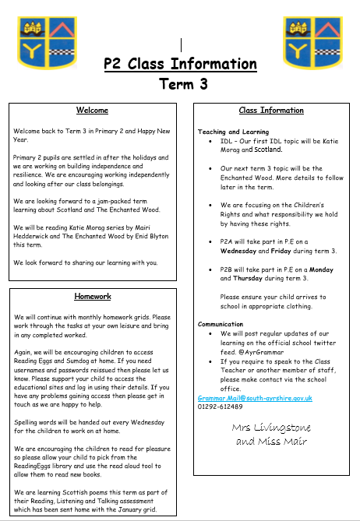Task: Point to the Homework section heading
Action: pyautogui.click(x=92, y=297)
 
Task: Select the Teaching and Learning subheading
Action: pyautogui.click(x=234, y=132)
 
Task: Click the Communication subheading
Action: pyautogui.click(x=221, y=323)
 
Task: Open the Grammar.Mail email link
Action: pyautogui.click(x=255, y=397)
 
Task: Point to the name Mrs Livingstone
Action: pyautogui.click(x=271, y=428)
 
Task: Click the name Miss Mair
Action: pyautogui.click(x=284, y=441)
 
